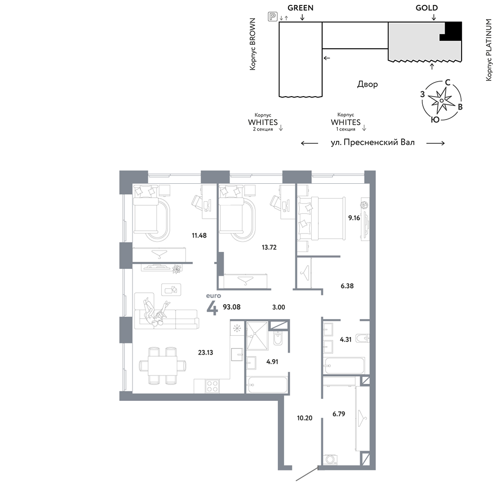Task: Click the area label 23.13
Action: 206,352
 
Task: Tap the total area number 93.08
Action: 232,307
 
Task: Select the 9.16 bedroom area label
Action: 354,218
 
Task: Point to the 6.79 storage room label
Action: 339,413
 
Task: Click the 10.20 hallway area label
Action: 305,418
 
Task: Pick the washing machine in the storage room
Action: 331,460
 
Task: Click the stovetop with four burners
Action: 212,386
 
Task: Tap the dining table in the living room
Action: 163,366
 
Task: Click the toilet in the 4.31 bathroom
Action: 363,338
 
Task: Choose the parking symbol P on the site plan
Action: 272,16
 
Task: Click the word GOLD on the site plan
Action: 427,8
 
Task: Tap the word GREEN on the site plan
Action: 300,8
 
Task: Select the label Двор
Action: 368,84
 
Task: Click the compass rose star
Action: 441,101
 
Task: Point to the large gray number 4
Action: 213,308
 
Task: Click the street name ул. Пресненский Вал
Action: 373,142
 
